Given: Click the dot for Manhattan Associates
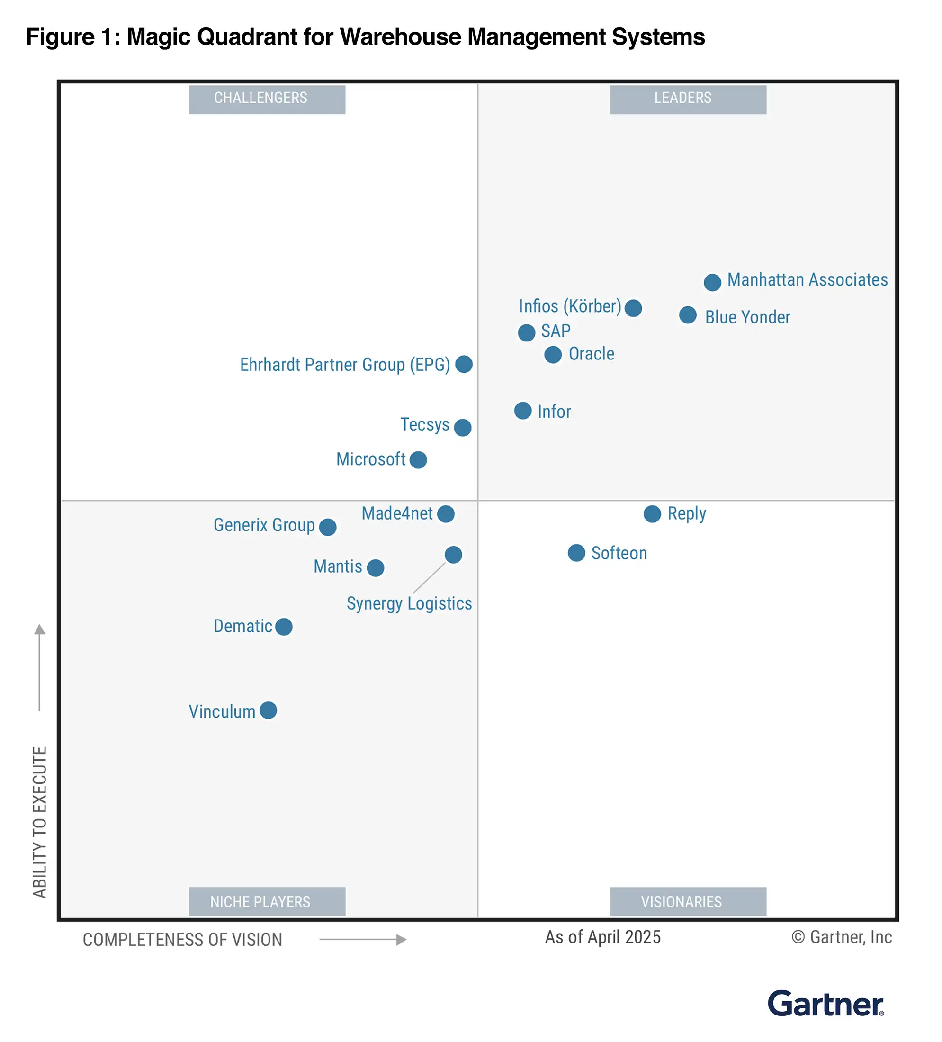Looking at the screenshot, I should pos(712,282).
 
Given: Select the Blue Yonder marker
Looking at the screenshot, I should pos(688,315).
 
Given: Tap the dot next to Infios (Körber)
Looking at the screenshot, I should pos(633,308).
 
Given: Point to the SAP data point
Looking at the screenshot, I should pos(527,333).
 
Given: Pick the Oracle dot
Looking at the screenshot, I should pos(553,355).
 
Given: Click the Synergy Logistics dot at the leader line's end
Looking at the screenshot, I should pos(453,555).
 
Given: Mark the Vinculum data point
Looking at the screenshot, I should pos(268,710).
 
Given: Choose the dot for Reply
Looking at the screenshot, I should pos(652,514).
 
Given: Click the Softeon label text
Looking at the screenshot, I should pos(619,553).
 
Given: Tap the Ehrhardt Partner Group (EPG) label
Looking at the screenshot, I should pos(345,365).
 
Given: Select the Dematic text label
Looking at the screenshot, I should pos(242,626).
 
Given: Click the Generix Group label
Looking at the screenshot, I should pos(264,525).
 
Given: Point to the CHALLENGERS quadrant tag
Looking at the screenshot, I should pos(267,99).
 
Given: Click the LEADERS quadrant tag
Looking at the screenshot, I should pos(688,99).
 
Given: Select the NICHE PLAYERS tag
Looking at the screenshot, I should pos(267,901).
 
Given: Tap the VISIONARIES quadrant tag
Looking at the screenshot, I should pos(688,901).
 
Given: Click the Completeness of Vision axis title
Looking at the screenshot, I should pos(182,940).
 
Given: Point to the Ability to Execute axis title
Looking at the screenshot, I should pos(40,822).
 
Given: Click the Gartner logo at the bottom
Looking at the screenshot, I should pos(825,1004).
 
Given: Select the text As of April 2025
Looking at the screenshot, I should pos(602,937).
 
